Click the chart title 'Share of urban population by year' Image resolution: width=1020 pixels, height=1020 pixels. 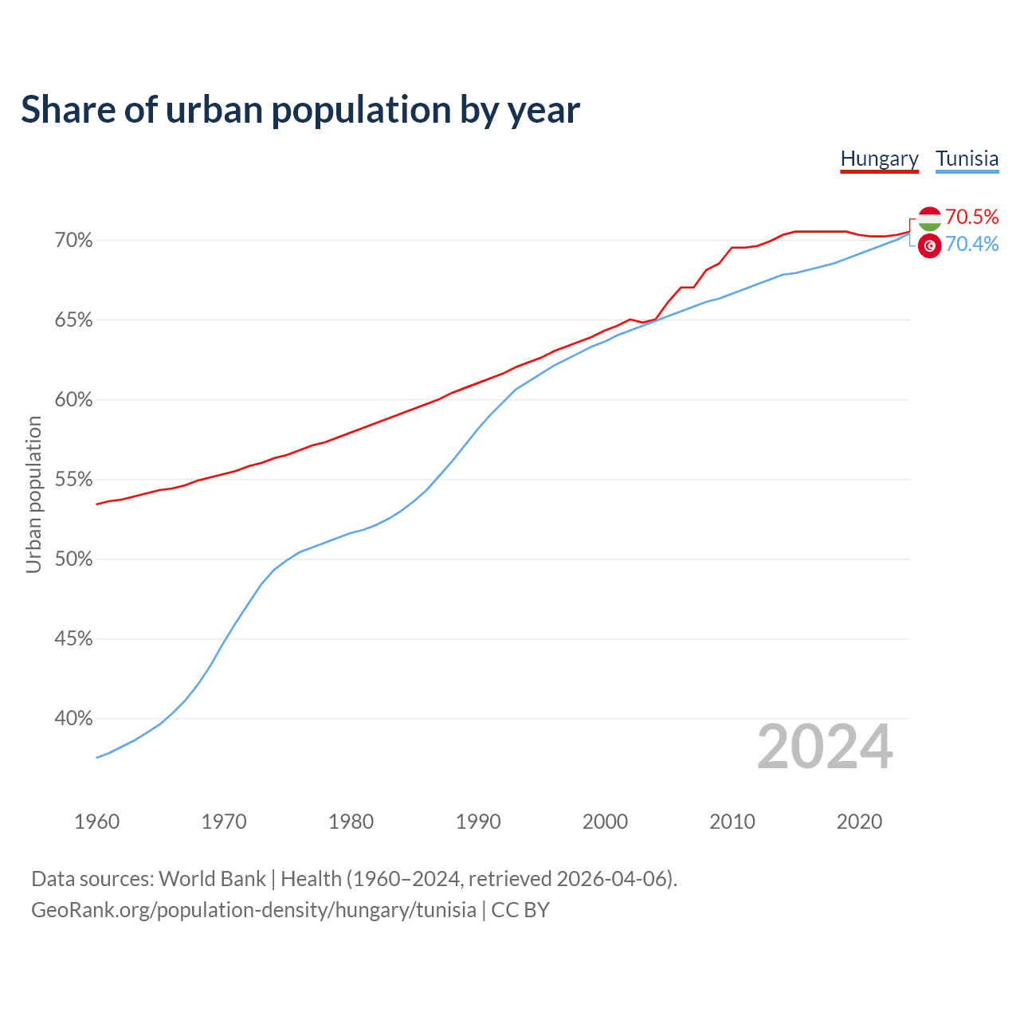[300, 109]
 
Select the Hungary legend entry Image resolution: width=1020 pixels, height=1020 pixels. [879, 159]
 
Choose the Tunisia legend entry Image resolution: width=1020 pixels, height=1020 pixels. [967, 159]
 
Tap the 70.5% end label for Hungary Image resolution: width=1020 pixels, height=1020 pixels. [971, 217]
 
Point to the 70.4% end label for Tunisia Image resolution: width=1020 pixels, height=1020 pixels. [971, 244]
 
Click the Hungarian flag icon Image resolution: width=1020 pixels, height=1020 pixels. [929, 218]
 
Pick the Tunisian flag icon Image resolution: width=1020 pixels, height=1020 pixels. [929, 245]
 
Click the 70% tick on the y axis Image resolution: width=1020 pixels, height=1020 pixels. [74, 240]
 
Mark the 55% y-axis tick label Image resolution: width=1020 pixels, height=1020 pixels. [74, 479]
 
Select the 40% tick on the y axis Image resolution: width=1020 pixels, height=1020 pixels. [74, 718]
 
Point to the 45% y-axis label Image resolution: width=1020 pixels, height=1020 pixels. [74, 638]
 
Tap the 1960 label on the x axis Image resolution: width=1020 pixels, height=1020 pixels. [96, 822]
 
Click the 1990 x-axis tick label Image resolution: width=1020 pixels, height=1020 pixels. [478, 822]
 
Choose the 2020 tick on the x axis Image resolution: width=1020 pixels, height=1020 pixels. [859, 822]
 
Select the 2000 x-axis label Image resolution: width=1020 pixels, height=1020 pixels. [605, 822]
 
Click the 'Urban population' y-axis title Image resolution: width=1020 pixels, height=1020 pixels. [33, 494]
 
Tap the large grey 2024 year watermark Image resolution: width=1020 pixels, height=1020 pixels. [825, 747]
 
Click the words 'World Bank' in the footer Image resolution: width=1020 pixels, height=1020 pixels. [212, 878]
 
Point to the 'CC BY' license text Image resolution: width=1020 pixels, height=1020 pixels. [520, 909]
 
